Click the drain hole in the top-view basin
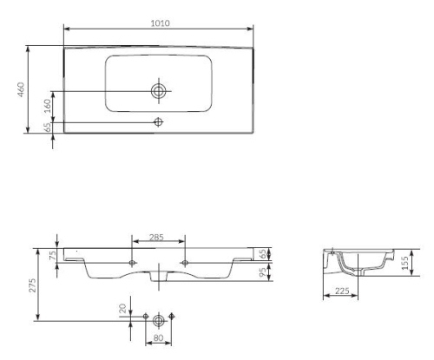point(158,89)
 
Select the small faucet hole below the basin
point(158,121)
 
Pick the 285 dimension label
point(158,236)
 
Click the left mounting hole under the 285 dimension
point(132,261)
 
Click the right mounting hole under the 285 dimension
point(185,261)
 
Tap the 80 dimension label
point(158,339)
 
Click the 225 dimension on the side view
point(341,292)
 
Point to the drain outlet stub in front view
point(158,278)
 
